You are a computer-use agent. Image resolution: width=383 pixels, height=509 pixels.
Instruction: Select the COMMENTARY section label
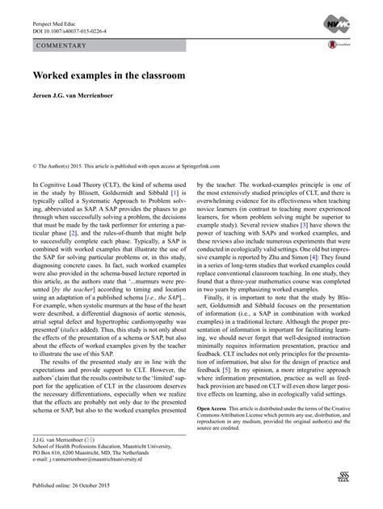pos(61,46)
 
